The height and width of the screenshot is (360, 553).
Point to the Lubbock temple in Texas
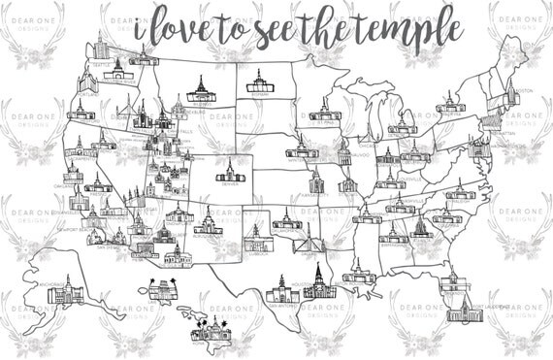pos(254,237)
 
